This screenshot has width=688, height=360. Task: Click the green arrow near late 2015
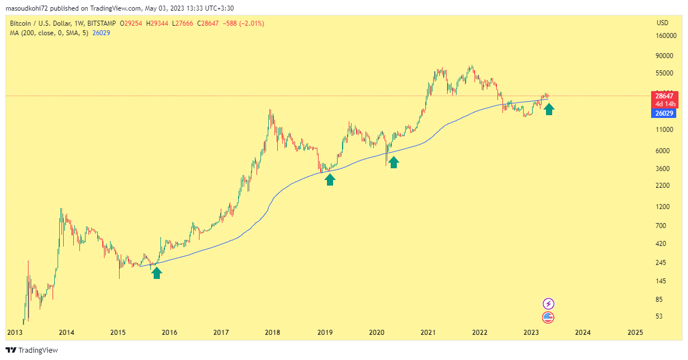(156, 272)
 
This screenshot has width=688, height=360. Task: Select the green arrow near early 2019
(330, 179)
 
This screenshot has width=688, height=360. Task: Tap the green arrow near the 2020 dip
(394, 162)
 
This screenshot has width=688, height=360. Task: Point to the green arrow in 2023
(549, 109)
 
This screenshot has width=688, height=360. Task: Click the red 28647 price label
(663, 96)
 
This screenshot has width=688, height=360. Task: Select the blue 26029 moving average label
(663, 113)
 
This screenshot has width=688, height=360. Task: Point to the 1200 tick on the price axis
(663, 207)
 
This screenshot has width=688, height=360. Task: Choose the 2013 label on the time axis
(15, 332)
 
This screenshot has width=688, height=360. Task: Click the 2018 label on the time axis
(273, 332)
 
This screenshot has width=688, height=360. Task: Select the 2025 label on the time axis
(635, 332)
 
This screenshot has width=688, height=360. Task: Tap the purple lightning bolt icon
(549, 304)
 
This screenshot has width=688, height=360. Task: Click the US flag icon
(549, 318)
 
